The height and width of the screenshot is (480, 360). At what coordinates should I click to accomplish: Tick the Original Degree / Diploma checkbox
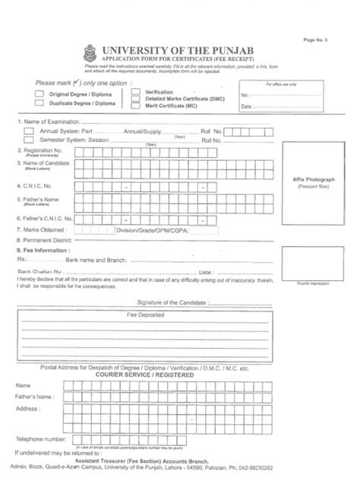[x=39, y=94]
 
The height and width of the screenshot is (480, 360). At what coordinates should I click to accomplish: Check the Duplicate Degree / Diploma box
[x=39, y=103]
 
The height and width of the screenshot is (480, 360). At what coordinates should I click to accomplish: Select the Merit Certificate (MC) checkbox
[x=136, y=107]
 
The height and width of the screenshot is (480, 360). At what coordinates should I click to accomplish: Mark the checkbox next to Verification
[x=136, y=91]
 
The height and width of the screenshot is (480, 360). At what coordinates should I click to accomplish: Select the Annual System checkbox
[x=29, y=131]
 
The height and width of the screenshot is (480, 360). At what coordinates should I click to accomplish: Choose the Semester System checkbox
[x=29, y=141]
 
